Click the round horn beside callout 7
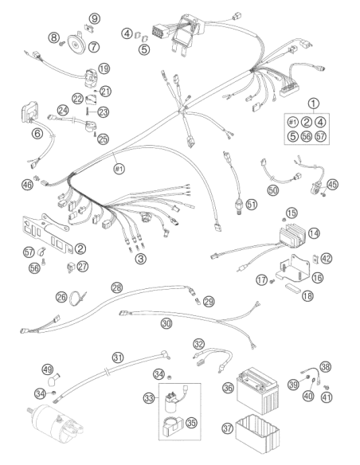[x=76, y=44]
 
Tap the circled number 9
[x=95, y=18]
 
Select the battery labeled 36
[x=257, y=389]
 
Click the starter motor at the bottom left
[x=55, y=424]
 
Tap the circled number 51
[x=252, y=205]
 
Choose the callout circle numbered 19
[x=104, y=68]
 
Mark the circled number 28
[x=117, y=287]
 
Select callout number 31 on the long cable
[x=118, y=358]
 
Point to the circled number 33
[x=149, y=398]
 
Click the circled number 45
[x=332, y=185]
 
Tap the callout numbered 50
[x=273, y=190]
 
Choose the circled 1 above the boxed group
[x=314, y=104]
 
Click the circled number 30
[x=166, y=323]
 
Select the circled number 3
[x=140, y=259]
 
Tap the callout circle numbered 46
[x=27, y=185]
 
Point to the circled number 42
[x=327, y=258]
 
